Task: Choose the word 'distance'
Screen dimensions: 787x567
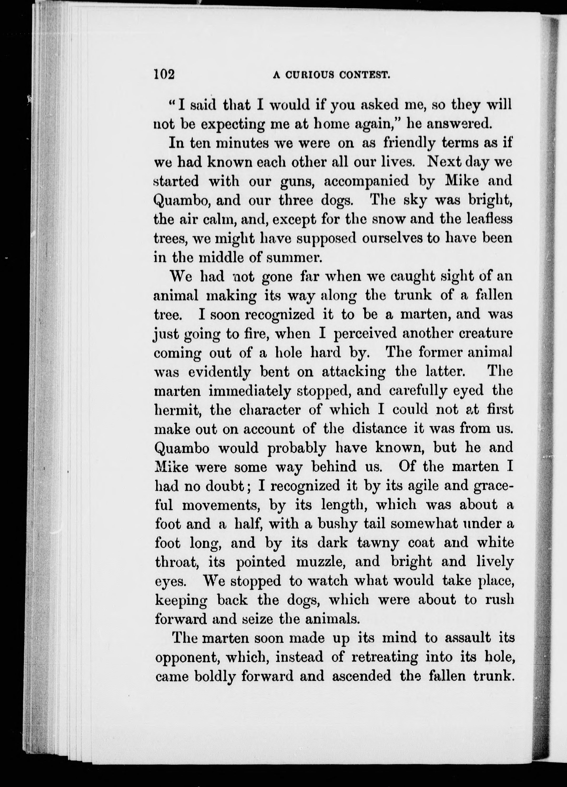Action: tap(379, 429)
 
